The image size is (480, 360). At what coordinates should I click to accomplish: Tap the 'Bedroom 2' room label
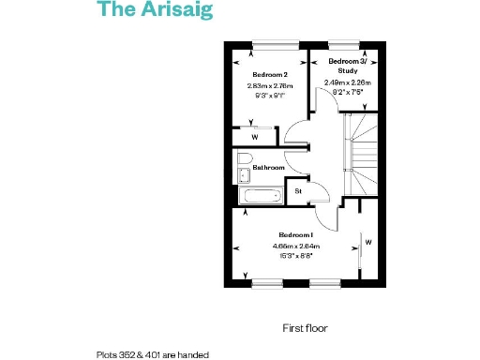click(x=270, y=74)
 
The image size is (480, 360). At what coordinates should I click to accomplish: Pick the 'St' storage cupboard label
click(x=298, y=191)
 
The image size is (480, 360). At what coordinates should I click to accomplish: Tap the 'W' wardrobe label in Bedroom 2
click(x=254, y=137)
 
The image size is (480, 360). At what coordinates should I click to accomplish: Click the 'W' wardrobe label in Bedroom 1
click(x=368, y=243)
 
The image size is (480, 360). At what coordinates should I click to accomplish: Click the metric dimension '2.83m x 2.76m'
click(x=270, y=85)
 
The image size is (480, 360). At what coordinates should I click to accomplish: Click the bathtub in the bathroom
click(x=260, y=196)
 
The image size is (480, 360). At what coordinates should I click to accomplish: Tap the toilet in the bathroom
click(x=244, y=158)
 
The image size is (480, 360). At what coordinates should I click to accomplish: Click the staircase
click(x=360, y=150)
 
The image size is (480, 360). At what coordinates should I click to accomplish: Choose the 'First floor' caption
click(x=303, y=328)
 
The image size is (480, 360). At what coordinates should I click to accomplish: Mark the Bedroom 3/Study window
click(x=342, y=43)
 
